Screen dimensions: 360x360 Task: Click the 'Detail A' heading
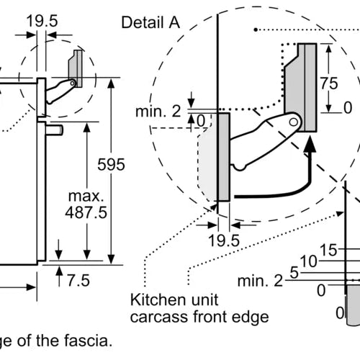(x=150, y=22)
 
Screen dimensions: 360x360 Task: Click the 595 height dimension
(x=111, y=165)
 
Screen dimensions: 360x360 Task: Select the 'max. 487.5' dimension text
(x=86, y=204)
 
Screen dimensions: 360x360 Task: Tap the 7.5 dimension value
(x=78, y=280)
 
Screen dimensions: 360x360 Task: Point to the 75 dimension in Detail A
(x=329, y=84)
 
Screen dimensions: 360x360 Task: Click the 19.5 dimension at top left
(x=42, y=21)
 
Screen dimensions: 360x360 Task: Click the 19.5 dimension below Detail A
(x=224, y=240)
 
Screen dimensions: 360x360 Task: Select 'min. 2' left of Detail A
(x=158, y=111)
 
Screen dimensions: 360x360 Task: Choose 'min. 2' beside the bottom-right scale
(x=260, y=281)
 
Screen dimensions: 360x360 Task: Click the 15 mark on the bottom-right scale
(x=328, y=250)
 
